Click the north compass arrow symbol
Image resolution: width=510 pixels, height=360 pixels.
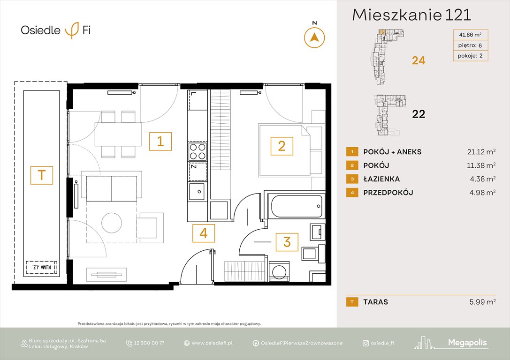coord(315,37)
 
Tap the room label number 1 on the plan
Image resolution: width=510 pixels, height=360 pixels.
coord(160,142)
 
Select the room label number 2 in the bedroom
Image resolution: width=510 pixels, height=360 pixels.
coord(282,146)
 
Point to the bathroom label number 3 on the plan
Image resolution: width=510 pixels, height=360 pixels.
coord(287,242)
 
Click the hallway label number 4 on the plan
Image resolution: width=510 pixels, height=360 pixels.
coord(203,233)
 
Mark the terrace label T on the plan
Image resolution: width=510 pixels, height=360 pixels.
coord(42,175)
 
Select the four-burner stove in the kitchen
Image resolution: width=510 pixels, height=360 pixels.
coord(197,151)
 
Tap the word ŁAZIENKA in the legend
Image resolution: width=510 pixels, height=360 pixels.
coord(381,179)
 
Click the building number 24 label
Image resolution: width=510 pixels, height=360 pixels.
coord(419,60)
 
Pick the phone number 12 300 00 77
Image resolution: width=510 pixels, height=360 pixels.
coord(149,343)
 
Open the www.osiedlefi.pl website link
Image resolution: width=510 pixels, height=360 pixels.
coord(212,343)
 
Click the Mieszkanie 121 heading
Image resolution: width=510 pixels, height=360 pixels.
coord(411,15)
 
